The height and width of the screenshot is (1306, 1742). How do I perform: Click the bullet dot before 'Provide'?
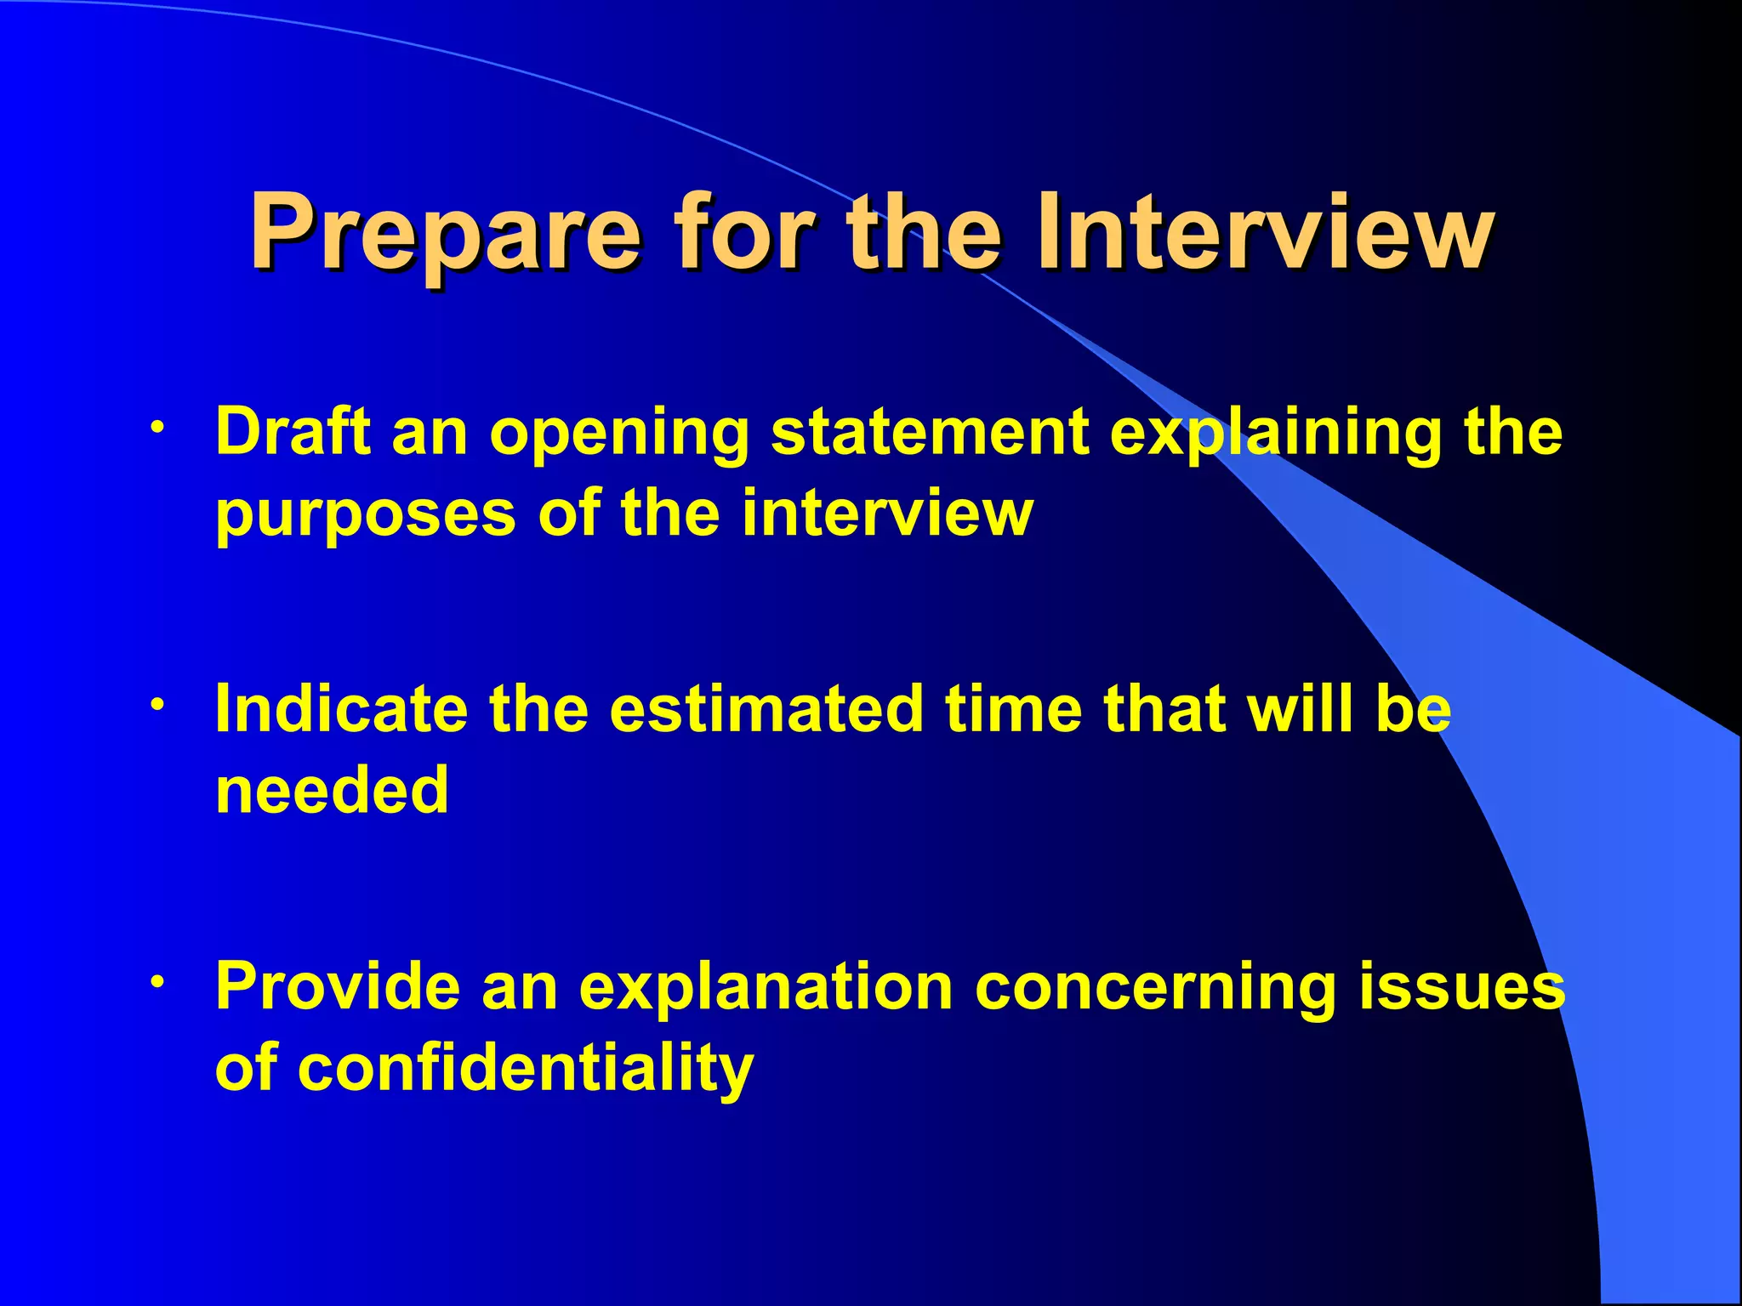[157, 981]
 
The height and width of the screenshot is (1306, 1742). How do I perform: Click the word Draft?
[293, 432]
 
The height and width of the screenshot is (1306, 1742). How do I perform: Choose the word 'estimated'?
[766, 709]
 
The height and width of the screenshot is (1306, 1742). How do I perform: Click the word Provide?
[338, 987]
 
